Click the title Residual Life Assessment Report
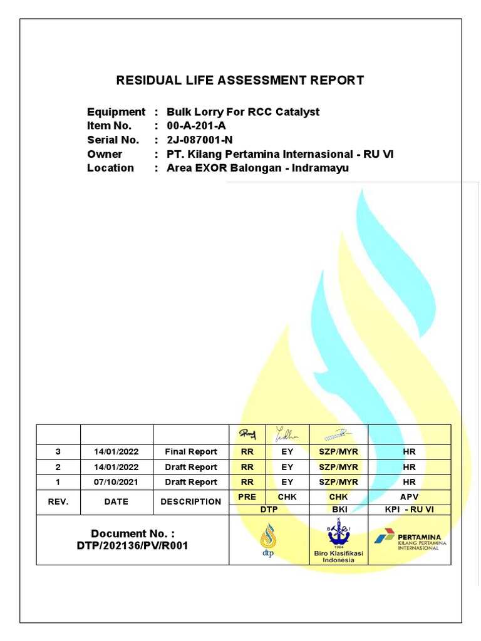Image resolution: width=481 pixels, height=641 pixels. point(240,80)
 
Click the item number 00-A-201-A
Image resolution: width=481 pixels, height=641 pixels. point(196,126)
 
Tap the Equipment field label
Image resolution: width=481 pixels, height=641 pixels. point(116,112)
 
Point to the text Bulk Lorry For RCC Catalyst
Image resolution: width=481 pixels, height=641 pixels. point(243,112)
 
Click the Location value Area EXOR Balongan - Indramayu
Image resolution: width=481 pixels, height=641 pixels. point(258,168)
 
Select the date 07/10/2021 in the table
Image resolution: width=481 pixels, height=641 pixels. point(116,482)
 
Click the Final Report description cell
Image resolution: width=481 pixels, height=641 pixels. point(191,451)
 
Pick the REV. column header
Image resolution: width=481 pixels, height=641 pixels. point(58,501)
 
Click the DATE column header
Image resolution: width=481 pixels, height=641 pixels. point(116,501)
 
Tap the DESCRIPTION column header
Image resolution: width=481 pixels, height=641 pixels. point(191,501)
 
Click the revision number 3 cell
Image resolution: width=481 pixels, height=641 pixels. point(58,451)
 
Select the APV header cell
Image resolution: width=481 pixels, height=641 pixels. point(409,496)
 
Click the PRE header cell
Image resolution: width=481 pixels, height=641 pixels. point(247,496)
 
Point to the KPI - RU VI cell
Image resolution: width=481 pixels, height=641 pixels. point(409,510)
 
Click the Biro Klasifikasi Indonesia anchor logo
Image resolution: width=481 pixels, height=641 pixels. point(338,535)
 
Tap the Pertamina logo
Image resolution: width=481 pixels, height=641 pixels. point(408,540)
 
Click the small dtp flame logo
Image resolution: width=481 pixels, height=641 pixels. point(268,540)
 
